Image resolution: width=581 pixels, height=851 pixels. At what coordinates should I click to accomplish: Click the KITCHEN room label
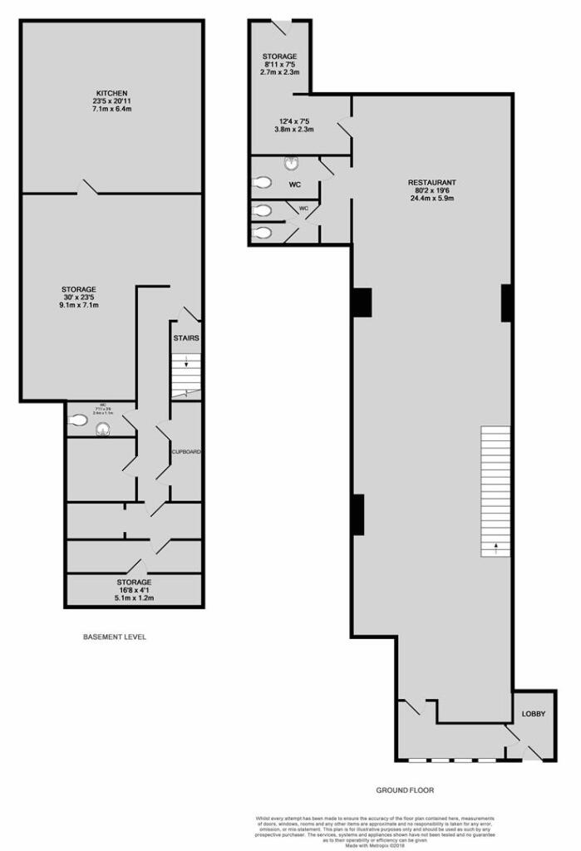point(111,92)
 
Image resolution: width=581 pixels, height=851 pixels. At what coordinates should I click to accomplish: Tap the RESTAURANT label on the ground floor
point(431,182)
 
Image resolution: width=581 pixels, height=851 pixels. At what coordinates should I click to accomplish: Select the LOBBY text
point(533,713)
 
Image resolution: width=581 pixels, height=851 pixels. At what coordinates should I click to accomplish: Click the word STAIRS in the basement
point(185,338)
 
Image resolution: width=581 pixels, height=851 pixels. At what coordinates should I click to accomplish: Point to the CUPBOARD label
point(186,451)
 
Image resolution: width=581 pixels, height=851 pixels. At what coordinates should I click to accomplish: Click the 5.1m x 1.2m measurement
point(133,597)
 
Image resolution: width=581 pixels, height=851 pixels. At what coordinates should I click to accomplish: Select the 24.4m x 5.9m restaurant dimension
point(431,199)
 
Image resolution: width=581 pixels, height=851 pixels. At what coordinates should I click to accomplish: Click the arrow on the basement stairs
point(187,362)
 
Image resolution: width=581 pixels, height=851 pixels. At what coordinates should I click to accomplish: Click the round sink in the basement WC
point(103,430)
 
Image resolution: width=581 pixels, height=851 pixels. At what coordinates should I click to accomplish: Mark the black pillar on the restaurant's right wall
point(505,303)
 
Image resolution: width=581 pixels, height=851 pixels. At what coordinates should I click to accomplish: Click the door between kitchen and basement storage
point(88,187)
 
